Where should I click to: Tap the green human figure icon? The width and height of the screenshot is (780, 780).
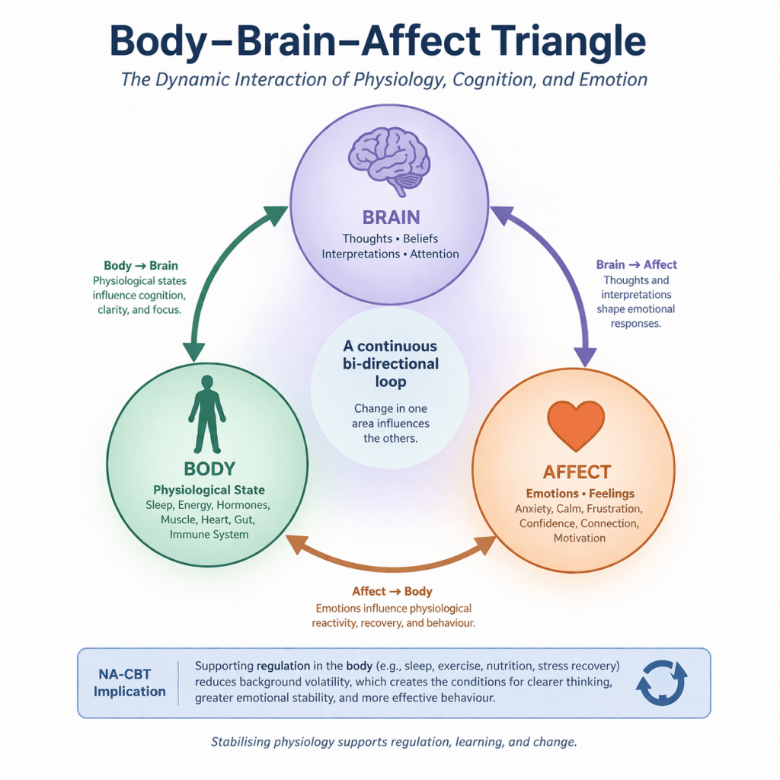pyautogui.click(x=207, y=414)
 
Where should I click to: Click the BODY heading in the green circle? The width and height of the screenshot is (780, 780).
pyautogui.click(x=209, y=468)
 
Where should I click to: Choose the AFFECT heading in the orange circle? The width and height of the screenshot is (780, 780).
pyautogui.click(x=577, y=472)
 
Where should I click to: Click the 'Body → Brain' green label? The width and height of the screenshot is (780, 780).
pyautogui.click(x=141, y=266)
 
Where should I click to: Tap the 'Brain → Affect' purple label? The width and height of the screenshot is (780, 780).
pyautogui.click(x=636, y=264)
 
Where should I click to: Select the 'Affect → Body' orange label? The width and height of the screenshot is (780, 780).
pyautogui.click(x=392, y=591)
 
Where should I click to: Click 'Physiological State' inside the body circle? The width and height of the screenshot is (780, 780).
pyautogui.click(x=209, y=490)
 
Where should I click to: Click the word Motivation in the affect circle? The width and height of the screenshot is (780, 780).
pyautogui.click(x=580, y=538)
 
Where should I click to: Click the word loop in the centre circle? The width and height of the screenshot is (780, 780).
pyautogui.click(x=391, y=382)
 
